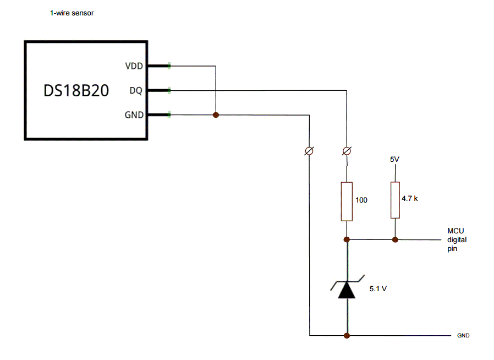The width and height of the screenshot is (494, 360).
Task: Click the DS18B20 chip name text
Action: pyautogui.click(x=76, y=91)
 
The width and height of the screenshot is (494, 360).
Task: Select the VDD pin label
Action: pyautogui.click(x=134, y=66)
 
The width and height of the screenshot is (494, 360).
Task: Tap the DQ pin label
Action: pyautogui.click(x=136, y=90)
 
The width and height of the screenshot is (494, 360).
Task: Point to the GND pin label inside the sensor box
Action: pyautogui.click(x=134, y=115)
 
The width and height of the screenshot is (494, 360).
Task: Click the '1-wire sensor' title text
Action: pyautogui.click(x=72, y=13)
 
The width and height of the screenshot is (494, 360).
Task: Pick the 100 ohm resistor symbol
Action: pyautogui.click(x=347, y=201)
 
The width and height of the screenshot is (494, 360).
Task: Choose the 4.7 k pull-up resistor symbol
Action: pyautogui.click(x=394, y=200)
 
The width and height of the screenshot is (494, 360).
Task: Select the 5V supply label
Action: pyautogui.click(x=394, y=159)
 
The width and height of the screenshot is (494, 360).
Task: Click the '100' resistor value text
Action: pyautogui.click(x=361, y=200)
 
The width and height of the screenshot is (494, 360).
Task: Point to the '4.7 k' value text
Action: pyautogui.click(x=410, y=198)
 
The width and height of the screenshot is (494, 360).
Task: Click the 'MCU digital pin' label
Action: pyautogui.click(x=457, y=239)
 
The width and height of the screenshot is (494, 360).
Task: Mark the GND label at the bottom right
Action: pyautogui.click(x=463, y=335)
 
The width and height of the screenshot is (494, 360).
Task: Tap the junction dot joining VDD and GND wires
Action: pyautogui.click(x=216, y=115)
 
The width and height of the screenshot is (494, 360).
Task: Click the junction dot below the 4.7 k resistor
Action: pyautogui.click(x=394, y=239)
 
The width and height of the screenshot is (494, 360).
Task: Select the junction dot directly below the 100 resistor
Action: pyautogui.click(x=347, y=239)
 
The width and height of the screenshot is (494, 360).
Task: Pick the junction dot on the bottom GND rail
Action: pyautogui.click(x=347, y=335)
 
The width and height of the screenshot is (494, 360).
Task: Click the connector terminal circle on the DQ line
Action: pyautogui.click(x=347, y=151)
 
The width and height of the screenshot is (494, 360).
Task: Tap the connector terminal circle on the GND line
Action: pyautogui.click(x=310, y=151)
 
